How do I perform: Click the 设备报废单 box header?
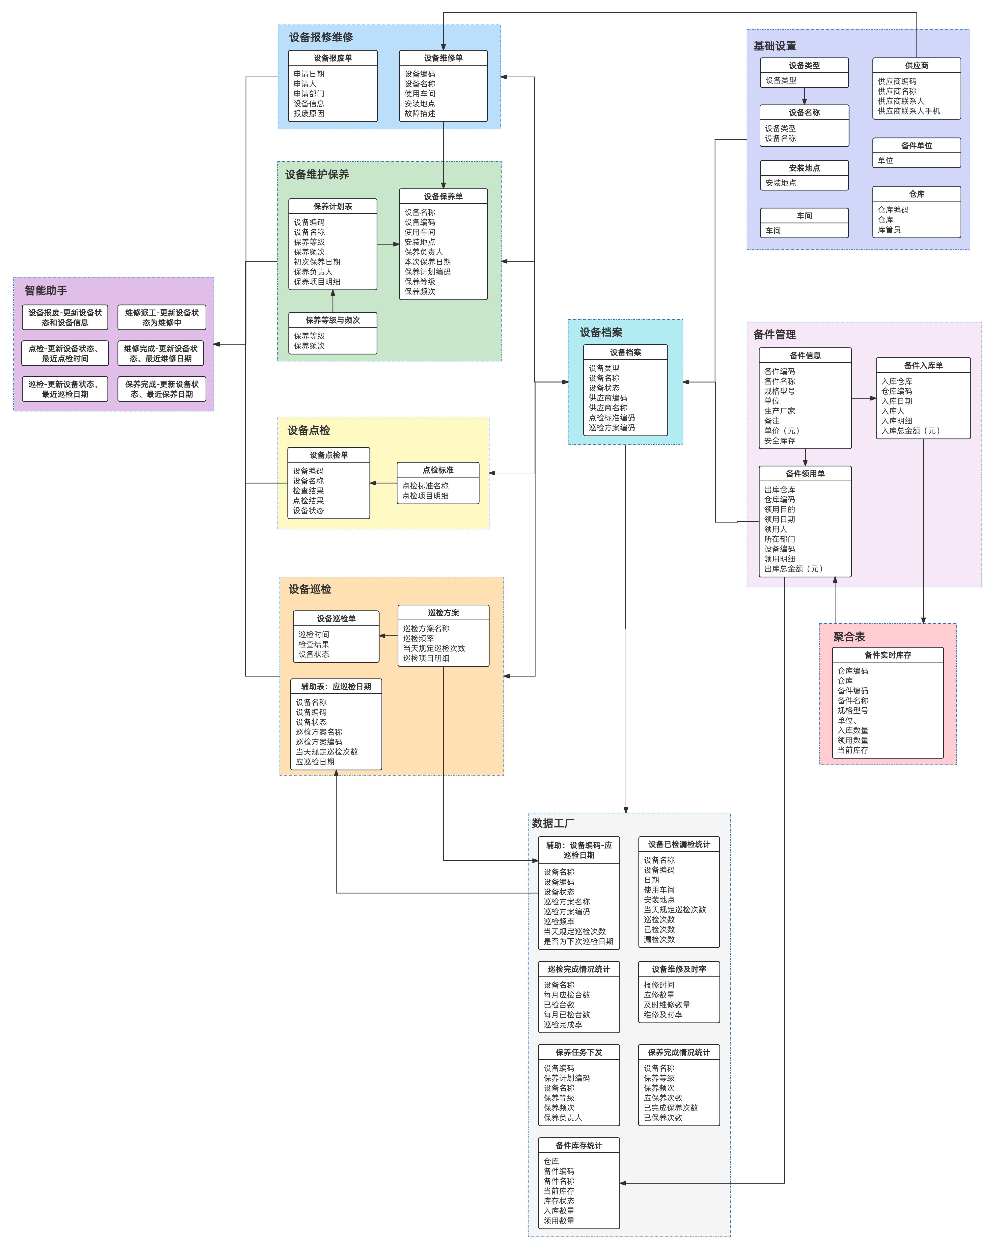pyautogui.click(x=332, y=58)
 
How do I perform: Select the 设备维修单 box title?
pyautogui.click(x=443, y=58)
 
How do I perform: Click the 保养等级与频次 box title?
pyautogui.click(x=332, y=320)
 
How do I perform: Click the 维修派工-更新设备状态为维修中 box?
pyautogui.click(x=162, y=318)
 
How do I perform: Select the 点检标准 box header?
pyautogui.click(x=438, y=470)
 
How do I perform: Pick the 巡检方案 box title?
pyautogui.click(x=443, y=612)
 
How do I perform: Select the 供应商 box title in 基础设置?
pyautogui.click(x=916, y=65)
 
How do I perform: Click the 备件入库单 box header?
pyautogui.click(x=923, y=366)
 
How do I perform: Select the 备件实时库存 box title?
pyautogui.click(x=887, y=655)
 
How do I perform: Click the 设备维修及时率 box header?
pyautogui.click(x=679, y=969)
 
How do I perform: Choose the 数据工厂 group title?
pyautogui.click(x=553, y=823)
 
